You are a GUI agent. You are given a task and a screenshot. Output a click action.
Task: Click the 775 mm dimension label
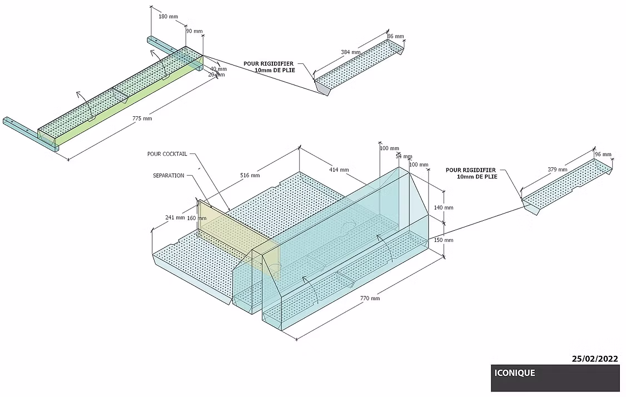[142, 118]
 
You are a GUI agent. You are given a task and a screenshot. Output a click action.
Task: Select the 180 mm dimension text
[168, 17]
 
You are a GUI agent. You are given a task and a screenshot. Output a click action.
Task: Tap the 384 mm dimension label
[351, 52]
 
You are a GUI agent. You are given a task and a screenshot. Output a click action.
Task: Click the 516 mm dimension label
[250, 175]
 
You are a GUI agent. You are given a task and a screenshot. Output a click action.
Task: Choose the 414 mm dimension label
[339, 170]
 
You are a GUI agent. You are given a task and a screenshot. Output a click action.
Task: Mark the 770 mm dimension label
[370, 299]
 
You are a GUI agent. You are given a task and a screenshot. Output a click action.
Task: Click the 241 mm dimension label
[175, 217]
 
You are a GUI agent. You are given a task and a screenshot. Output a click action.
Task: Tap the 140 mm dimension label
[444, 207]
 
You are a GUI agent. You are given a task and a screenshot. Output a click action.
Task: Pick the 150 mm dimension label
[444, 240]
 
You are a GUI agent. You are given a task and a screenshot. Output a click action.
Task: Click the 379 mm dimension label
[558, 169]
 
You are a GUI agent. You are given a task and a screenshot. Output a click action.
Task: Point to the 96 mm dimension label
[603, 154]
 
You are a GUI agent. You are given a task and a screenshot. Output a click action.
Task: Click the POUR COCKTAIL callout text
[167, 153]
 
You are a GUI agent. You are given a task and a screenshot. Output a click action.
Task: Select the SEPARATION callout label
[168, 175]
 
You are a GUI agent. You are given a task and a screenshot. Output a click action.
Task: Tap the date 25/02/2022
[595, 359]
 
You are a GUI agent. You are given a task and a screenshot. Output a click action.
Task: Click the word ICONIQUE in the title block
[514, 373]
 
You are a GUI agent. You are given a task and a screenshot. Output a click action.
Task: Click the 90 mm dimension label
[194, 31]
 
